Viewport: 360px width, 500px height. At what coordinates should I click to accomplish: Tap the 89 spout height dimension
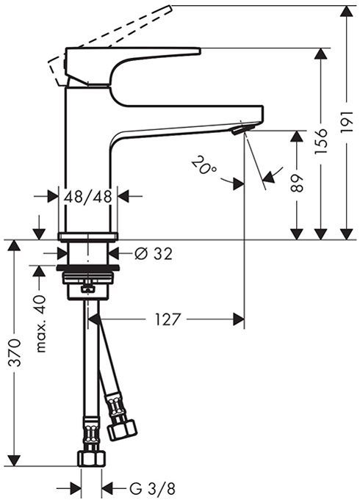click(297, 181)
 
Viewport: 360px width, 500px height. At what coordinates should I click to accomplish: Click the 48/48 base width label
click(88, 196)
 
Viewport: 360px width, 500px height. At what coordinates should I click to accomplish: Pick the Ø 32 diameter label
click(154, 254)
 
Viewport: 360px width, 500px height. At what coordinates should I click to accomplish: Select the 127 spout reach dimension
click(168, 319)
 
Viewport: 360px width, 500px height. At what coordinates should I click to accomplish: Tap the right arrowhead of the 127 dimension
click(237, 319)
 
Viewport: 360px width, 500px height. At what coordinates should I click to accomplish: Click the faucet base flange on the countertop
click(88, 236)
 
